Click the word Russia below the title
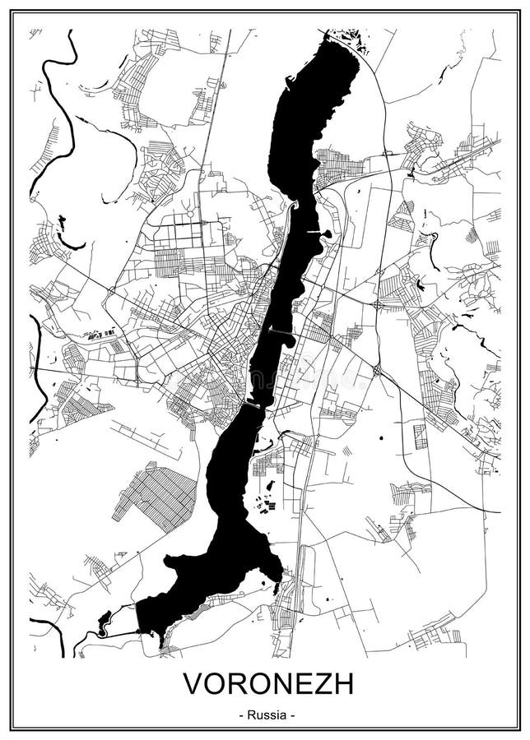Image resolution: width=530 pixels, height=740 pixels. click(266, 715)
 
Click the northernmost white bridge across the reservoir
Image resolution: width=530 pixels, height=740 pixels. click(314, 233)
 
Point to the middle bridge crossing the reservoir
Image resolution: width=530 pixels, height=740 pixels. click(279, 332)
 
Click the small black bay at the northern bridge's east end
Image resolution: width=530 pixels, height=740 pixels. click(327, 234)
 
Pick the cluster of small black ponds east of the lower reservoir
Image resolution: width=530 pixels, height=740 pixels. click(266, 503)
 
